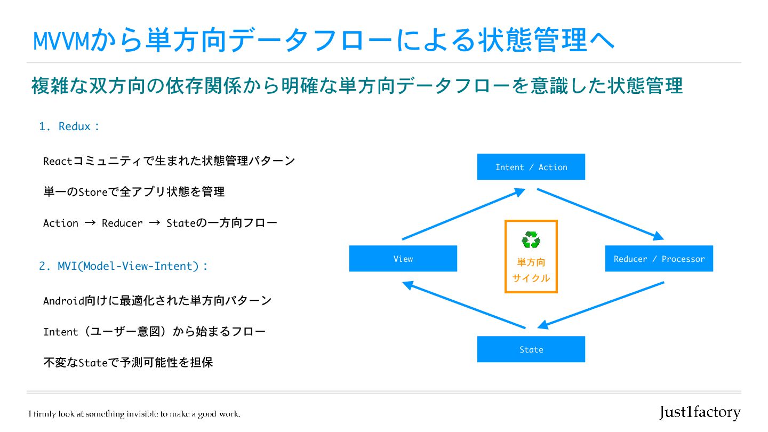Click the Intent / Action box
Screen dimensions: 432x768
point(531,167)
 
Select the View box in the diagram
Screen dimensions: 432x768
point(403,259)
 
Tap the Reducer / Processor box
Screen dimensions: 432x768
point(659,259)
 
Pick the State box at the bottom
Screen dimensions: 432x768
point(531,349)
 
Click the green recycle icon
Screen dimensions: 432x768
point(531,240)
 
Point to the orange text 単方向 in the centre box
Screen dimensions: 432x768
point(531,262)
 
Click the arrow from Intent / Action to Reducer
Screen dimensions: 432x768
point(600,213)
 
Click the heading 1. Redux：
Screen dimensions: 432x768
point(69,126)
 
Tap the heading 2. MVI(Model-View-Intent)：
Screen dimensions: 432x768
point(123,266)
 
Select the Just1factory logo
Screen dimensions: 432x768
point(700,412)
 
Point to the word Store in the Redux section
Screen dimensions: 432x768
point(93,192)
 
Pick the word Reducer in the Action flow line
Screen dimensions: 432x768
point(122,223)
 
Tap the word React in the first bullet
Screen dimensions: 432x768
point(57,161)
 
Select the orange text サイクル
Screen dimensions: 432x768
point(531,278)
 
